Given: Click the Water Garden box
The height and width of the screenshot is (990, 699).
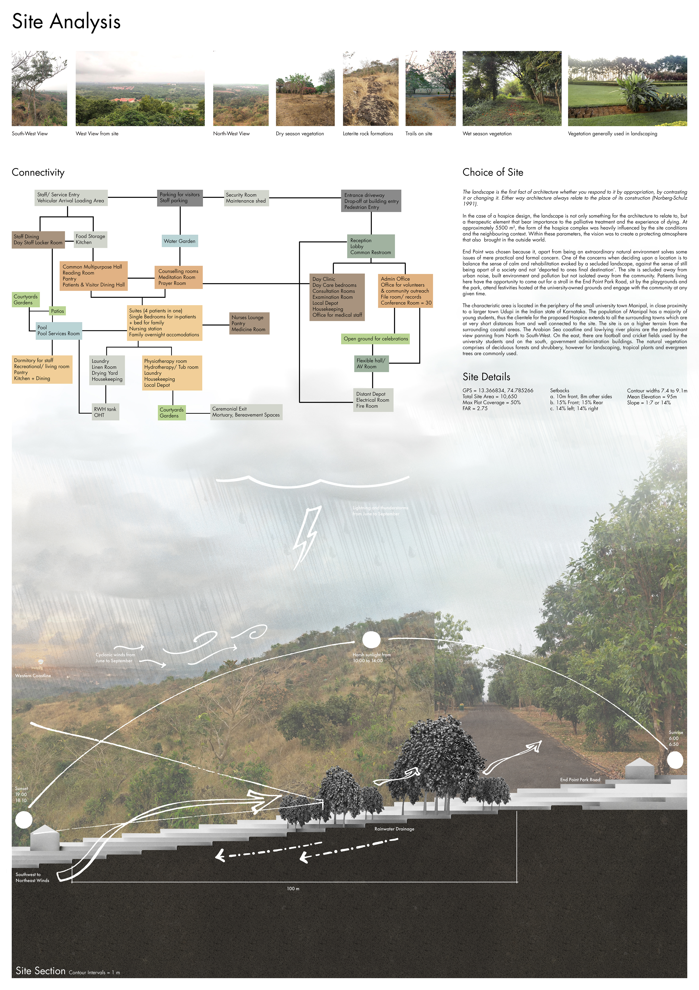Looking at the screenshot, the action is pos(180,241).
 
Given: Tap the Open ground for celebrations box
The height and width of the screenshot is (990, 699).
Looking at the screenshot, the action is pos(375,339).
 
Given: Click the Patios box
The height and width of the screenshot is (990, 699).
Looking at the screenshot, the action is pos(57,311).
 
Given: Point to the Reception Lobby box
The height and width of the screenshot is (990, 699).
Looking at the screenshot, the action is pos(371,246).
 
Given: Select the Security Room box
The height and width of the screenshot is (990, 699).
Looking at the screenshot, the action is pos(246,198).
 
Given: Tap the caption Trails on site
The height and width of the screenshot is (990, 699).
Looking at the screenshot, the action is pos(418,134).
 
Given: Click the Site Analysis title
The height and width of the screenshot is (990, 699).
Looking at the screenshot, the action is pos(66,21).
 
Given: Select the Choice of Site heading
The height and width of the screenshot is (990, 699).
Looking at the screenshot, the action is pos(493,172).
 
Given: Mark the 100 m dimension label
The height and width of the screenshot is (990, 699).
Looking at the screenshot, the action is pos(293,888).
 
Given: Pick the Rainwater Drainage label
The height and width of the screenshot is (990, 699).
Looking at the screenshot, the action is pos(394,829).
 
